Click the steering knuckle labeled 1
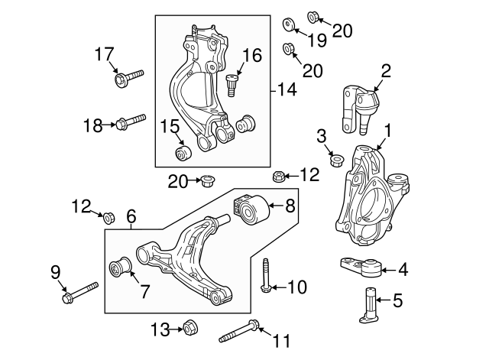(x=367, y=191)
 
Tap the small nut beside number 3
(x=335, y=160)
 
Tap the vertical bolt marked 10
(x=265, y=276)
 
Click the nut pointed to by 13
(x=189, y=329)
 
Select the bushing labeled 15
(x=183, y=154)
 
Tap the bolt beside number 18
(x=131, y=122)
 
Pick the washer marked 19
(x=290, y=25)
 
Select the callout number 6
(x=131, y=216)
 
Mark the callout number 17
(x=105, y=54)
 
